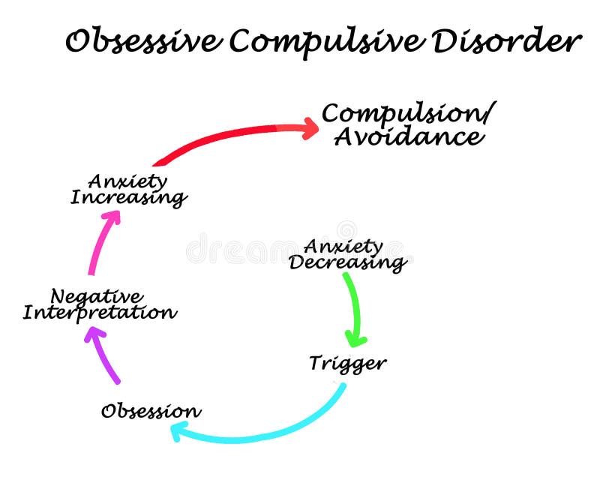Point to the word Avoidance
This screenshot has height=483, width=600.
click(x=408, y=136)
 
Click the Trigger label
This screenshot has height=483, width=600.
click(x=347, y=364)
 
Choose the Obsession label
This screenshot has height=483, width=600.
click(x=151, y=411)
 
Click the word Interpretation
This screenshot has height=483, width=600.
click(x=100, y=313)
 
